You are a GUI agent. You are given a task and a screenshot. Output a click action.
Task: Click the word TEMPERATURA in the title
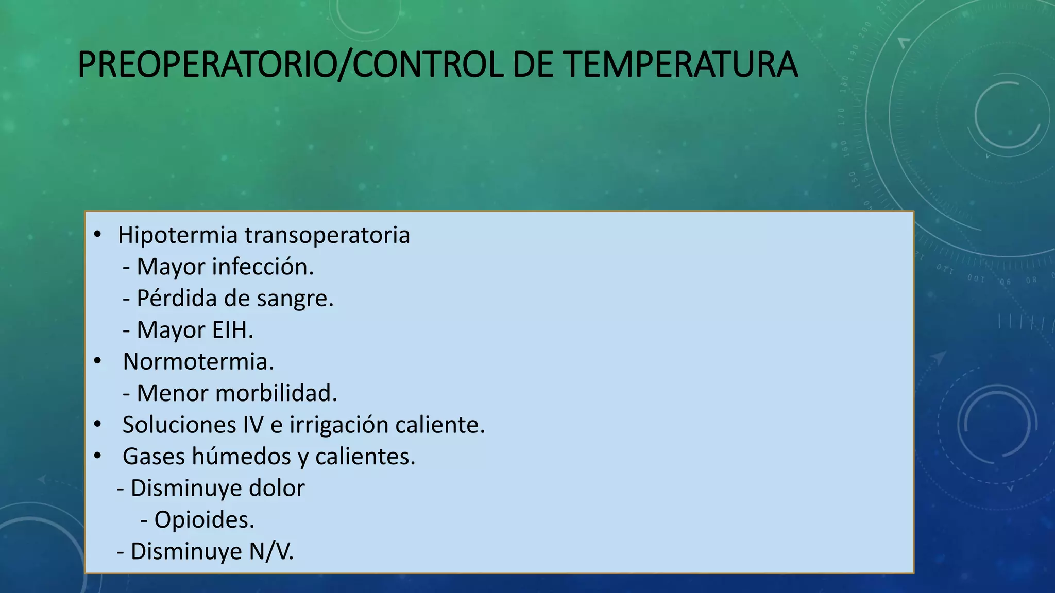pyautogui.click(x=680, y=65)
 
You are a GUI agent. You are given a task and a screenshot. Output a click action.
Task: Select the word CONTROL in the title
pyautogui.click(x=428, y=65)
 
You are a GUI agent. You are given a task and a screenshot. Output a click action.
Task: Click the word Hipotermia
pyautogui.click(x=178, y=235)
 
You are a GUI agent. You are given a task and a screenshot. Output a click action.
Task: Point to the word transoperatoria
pyautogui.click(x=327, y=235)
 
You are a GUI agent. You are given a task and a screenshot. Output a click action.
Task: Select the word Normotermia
pyautogui.click(x=198, y=361)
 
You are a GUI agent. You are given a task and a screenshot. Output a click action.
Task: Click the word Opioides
pyautogui.click(x=204, y=520)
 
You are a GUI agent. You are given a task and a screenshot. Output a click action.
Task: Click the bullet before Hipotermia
pyautogui.click(x=97, y=235)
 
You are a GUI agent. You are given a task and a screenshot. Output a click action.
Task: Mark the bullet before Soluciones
pyautogui.click(x=97, y=425)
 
